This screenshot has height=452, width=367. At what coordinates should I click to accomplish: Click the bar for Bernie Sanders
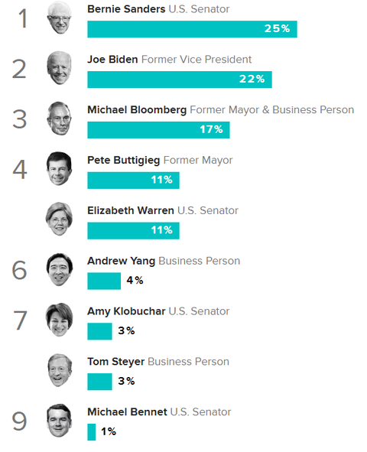(191, 29)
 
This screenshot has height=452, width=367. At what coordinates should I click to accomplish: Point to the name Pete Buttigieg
(123, 161)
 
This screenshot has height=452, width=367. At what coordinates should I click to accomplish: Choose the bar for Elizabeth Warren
(133, 230)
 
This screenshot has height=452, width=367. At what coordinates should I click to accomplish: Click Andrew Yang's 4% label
(135, 281)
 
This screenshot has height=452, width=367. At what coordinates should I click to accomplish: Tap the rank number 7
(21, 320)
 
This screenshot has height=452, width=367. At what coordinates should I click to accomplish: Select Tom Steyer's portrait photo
(59, 371)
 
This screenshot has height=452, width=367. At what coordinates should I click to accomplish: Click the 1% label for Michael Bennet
(108, 431)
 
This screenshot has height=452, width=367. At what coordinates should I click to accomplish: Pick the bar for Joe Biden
(179, 80)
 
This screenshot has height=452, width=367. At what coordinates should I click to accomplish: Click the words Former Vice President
(196, 60)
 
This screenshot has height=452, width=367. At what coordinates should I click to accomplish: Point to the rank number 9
(21, 421)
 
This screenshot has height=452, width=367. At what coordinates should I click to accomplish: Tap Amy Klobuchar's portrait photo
(59, 320)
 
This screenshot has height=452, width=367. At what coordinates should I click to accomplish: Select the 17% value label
(211, 130)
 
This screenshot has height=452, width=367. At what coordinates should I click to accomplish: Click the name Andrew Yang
(121, 261)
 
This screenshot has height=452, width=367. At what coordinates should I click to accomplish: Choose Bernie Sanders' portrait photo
(59, 18)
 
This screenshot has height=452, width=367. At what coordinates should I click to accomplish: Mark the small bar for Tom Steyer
(99, 381)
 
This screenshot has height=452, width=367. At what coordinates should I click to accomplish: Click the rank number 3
(21, 119)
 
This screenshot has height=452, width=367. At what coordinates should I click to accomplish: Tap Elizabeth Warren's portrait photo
(59, 219)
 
